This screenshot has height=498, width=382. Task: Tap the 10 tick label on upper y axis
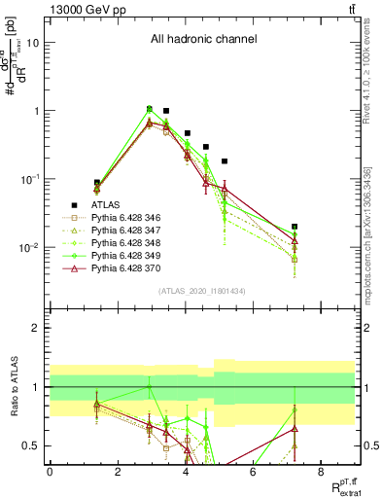pyautogui.click(x=35, y=43)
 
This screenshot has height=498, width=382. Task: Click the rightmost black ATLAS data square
pyautogui.click(x=295, y=227)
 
